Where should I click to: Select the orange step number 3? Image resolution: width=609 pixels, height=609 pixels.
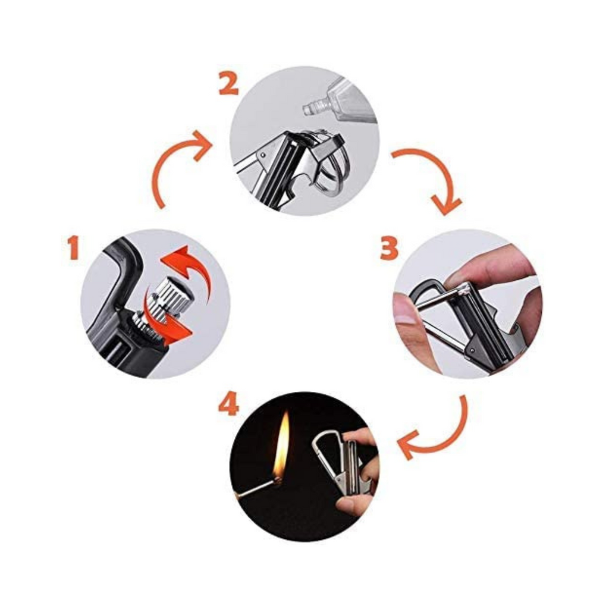[x=389, y=249]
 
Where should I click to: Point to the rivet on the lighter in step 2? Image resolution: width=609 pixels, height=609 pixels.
[x=263, y=155]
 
